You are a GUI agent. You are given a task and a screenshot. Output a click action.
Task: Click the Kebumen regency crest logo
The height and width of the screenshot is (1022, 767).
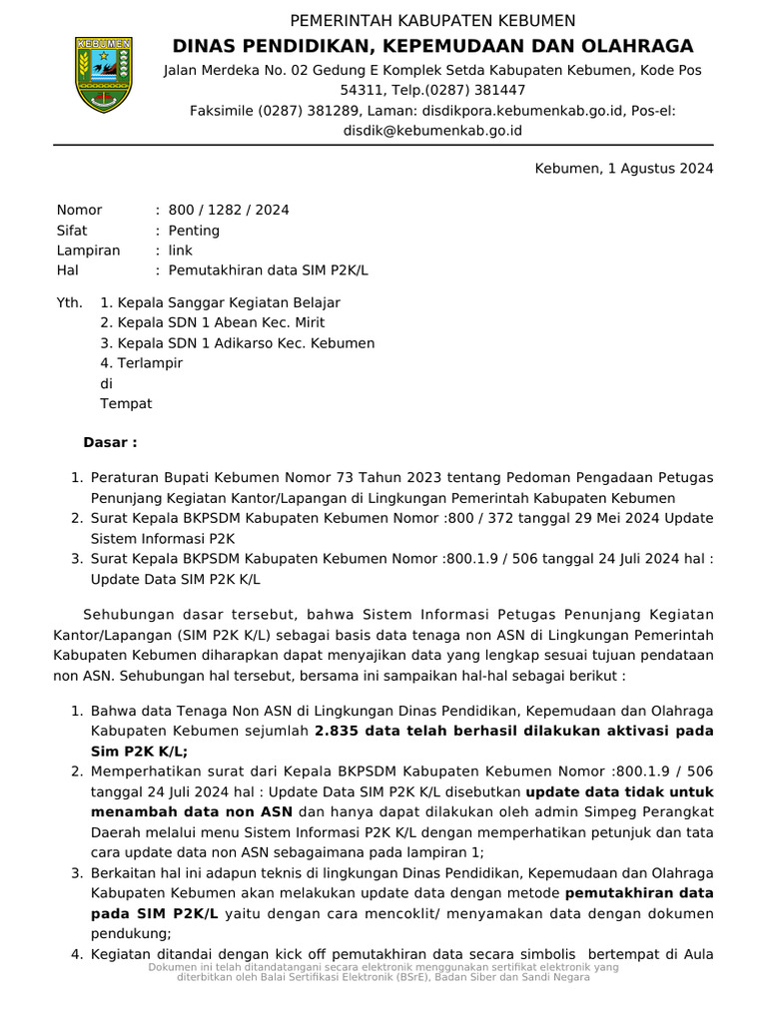click(x=104, y=75)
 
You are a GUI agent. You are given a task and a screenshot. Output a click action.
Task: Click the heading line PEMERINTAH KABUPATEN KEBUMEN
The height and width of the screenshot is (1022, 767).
click(x=432, y=21)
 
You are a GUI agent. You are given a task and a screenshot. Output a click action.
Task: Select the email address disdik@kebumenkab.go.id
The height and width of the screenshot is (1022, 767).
click(x=432, y=130)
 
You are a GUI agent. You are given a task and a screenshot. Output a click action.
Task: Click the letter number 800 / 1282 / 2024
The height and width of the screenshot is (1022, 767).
click(x=229, y=210)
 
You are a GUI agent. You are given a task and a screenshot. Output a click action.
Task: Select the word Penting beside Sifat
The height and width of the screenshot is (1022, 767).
click(x=194, y=231)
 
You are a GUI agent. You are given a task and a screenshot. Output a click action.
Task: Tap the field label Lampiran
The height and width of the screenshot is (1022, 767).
click(x=88, y=251)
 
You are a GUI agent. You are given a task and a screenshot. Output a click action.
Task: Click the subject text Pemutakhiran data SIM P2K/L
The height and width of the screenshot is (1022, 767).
click(x=269, y=270)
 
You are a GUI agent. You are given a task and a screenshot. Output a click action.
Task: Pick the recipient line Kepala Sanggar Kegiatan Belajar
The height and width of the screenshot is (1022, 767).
click(x=229, y=302)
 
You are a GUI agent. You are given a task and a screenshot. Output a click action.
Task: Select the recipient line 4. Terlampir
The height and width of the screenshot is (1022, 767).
click(x=141, y=363)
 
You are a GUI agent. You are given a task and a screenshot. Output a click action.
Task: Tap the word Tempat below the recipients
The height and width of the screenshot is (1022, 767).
click(x=126, y=404)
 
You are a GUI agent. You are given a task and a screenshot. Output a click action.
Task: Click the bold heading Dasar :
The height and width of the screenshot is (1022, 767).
click(x=110, y=442)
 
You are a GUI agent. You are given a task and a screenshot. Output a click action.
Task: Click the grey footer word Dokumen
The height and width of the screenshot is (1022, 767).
click(x=172, y=968)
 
